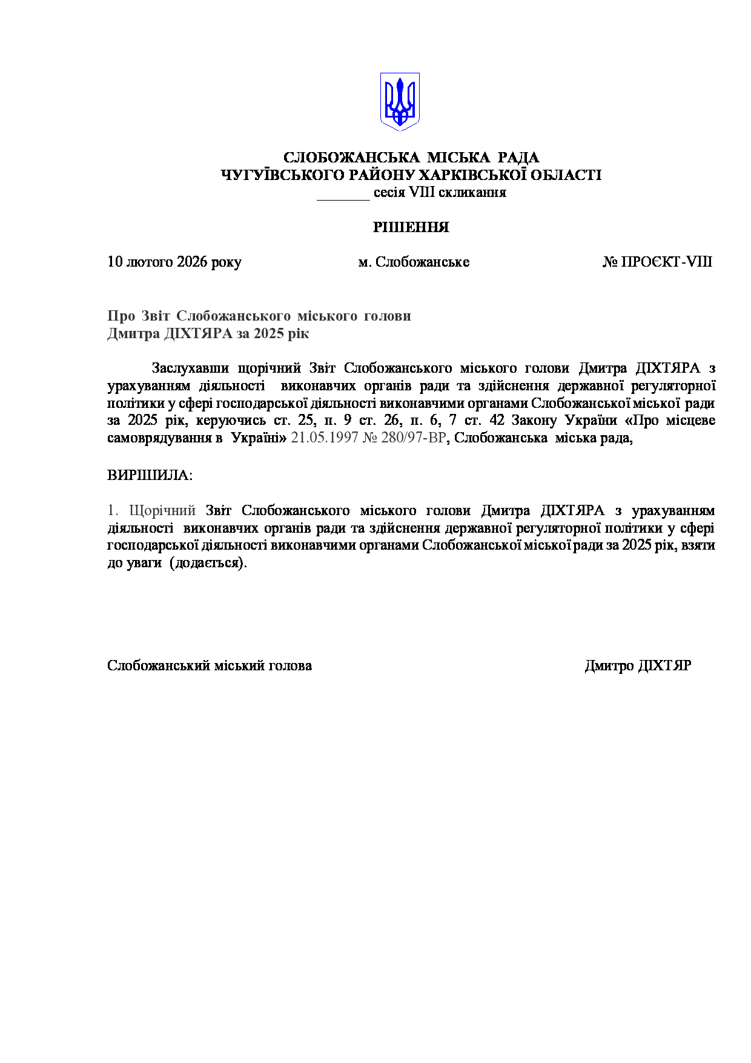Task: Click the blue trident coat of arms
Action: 400,101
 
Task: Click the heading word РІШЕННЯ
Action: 411,227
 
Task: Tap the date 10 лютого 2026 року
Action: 174,262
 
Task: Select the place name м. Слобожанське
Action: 414,262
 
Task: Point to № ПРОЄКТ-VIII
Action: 657,262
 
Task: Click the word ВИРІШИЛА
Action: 149,475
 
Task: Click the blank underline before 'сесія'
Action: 343,194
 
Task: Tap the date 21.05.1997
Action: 325,438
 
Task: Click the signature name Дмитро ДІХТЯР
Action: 638,665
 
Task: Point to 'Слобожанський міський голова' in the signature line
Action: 210,665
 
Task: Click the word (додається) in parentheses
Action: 208,563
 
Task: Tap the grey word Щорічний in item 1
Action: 162,510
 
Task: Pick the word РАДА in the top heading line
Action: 518,158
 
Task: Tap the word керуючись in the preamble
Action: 231,420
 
